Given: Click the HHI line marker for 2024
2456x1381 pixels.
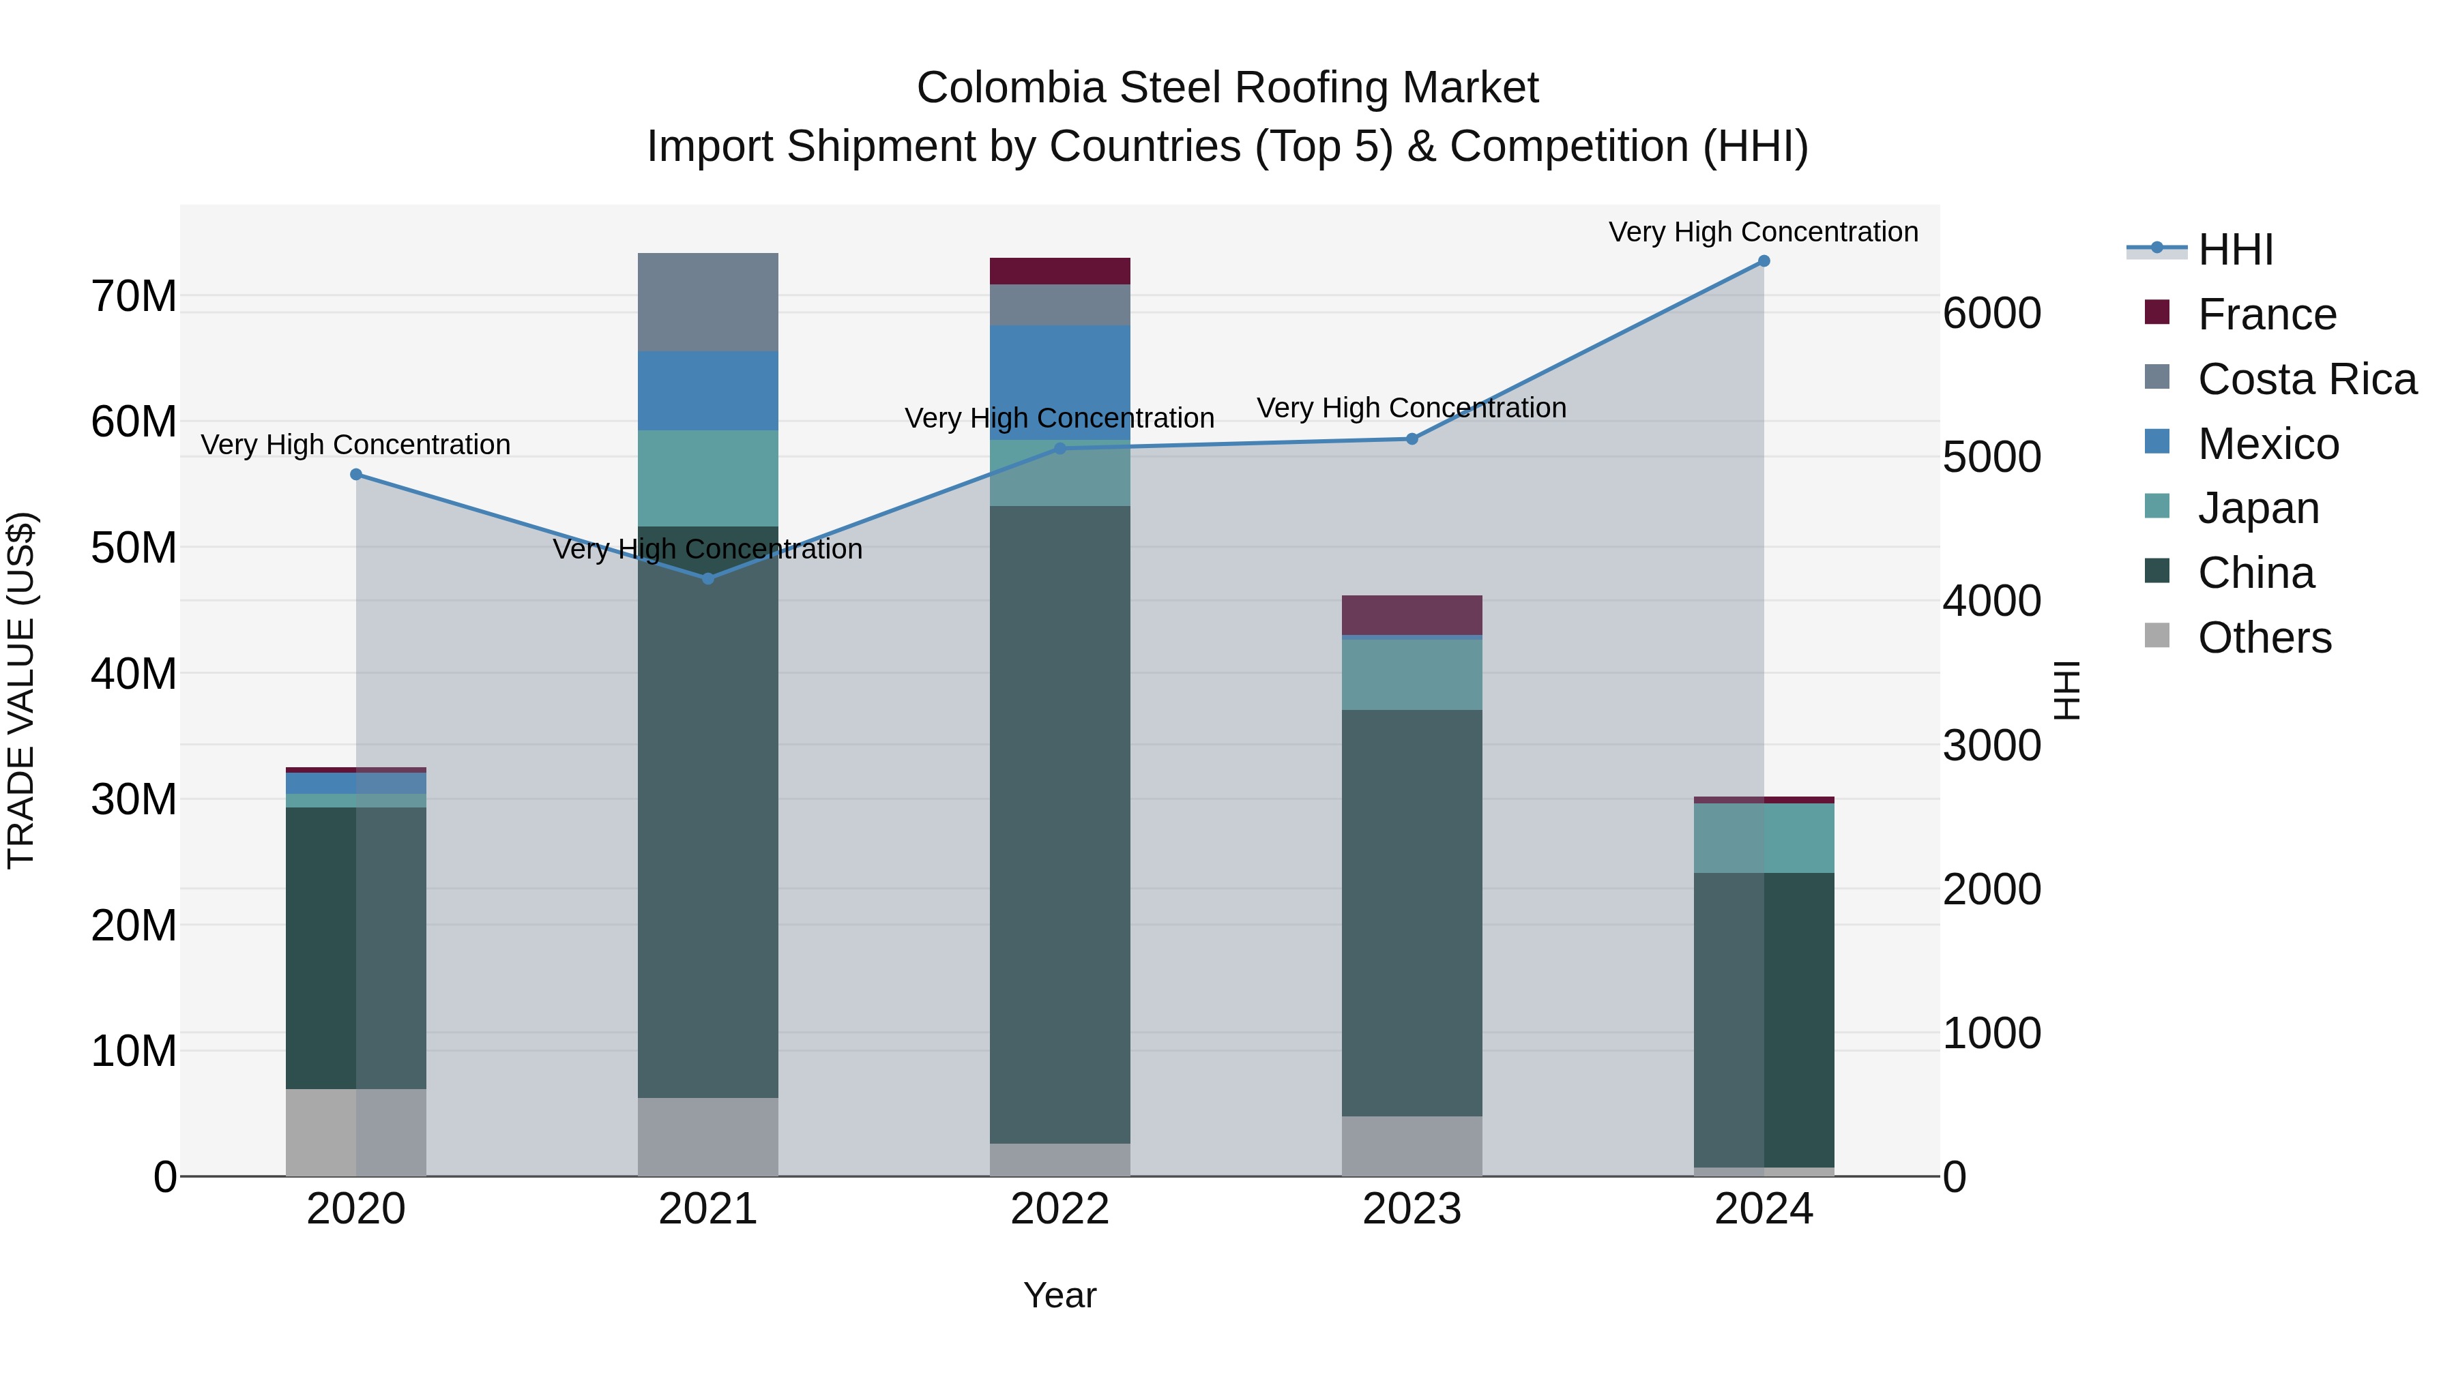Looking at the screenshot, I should [1763, 261].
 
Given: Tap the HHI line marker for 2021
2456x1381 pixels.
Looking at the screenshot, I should [707, 578].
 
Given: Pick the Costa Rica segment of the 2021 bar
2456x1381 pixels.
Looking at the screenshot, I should [707, 302].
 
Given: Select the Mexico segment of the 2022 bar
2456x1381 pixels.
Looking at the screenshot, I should [1059, 381].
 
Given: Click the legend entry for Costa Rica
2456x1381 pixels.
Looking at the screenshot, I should [2307, 379].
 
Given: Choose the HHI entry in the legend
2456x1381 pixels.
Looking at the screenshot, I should [2235, 250].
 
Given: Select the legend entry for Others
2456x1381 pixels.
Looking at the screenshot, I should [2264, 638].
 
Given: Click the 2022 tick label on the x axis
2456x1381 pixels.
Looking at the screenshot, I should [1059, 1209].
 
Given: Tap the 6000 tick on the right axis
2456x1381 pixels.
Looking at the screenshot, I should [1991, 314].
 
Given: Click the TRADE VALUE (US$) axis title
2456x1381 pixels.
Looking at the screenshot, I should [21, 690].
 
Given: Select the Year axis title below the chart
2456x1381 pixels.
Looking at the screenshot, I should [1059, 1295].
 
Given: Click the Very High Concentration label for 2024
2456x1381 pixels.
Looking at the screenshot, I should [1763, 232].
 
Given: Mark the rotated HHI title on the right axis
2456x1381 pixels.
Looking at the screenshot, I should [2065, 690].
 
